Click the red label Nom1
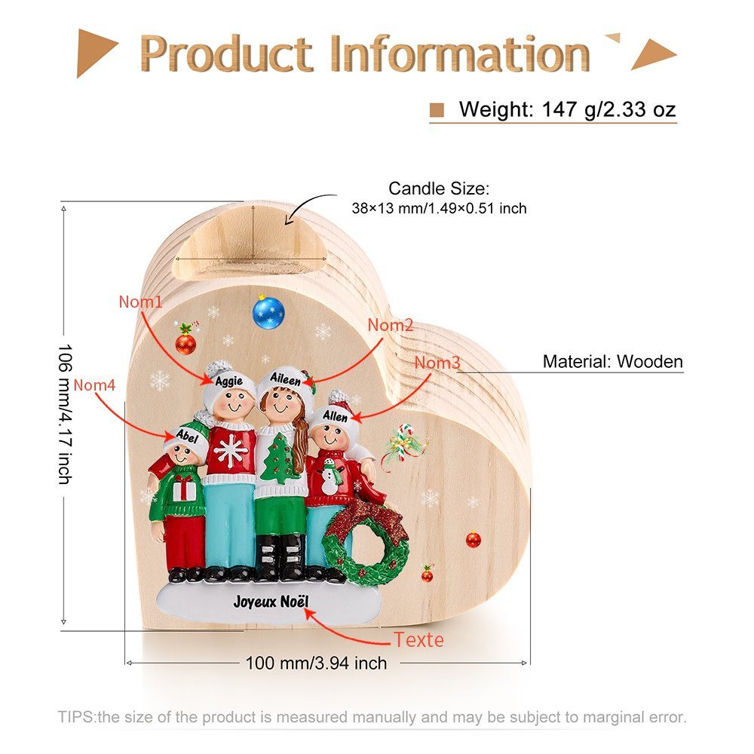coord(140,302)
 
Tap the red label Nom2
coord(391,325)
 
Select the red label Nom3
coord(437,363)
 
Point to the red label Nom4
coord(94,385)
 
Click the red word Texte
coord(418,640)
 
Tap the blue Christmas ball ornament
coord(268,312)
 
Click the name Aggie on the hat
coord(229,382)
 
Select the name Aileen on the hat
coord(285,379)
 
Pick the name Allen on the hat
coord(336,415)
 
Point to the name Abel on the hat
coord(187,436)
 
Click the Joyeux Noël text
coord(271,602)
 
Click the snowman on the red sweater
coord(330,476)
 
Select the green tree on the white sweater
coord(280,458)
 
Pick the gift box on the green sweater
coord(185,489)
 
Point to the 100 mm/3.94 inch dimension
coord(317,663)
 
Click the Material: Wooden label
coord(612,362)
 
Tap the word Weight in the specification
coord(495,109)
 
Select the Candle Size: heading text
coord(439,188)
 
